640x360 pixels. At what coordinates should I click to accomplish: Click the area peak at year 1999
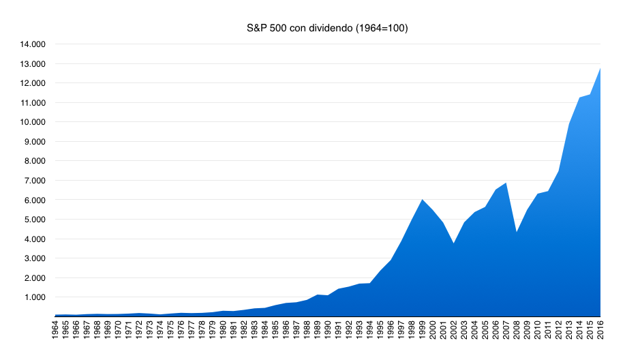coord(423,199)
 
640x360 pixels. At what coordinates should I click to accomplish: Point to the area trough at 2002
coord(454,243)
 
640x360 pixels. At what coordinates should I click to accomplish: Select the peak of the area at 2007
coord(506,183)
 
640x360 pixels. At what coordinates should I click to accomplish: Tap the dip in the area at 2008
coord(517,232)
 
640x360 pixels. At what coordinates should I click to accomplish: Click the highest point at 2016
coord(600,67)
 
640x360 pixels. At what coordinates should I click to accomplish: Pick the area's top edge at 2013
coord(569,124)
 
